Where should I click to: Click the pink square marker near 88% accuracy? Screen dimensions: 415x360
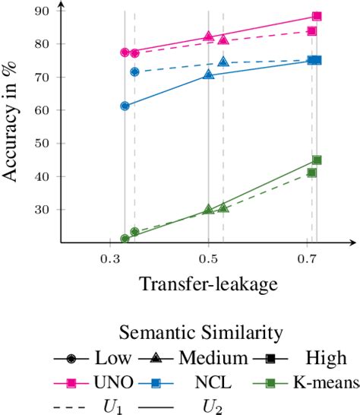tap(317, 16)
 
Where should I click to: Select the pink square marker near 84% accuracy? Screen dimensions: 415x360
tap(311, 31)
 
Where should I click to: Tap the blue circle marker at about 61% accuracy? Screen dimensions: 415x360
tap(125, 106)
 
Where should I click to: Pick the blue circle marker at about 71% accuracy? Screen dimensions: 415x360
tap(134, 72)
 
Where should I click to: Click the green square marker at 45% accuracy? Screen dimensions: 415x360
tap(317, 160)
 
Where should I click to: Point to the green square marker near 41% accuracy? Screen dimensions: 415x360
tap(311, 173)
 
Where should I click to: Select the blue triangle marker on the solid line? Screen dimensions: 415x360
tap(208, 74)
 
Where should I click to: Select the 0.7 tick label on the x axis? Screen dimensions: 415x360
tap(307, 259)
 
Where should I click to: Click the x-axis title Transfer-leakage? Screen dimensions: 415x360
tap(207, 284)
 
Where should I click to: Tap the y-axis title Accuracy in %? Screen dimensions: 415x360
tap(13, 125)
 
